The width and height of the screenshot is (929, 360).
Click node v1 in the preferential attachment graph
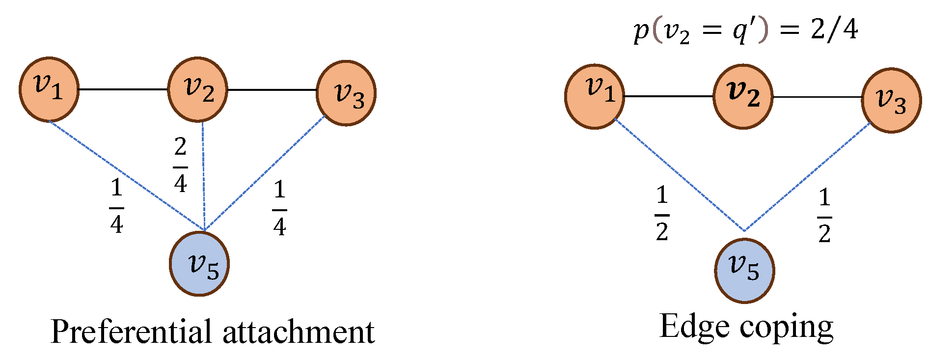(49, 89)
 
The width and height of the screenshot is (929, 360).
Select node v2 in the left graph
(198, 89)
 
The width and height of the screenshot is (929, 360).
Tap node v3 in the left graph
(346, 93)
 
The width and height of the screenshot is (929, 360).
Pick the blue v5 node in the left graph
(199, 264)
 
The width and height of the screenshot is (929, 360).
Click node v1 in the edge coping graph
(595, 96)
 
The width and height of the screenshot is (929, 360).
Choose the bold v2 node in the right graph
(743, 96)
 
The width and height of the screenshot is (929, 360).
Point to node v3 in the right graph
(891, 100)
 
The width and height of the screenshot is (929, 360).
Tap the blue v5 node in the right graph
(744, 271)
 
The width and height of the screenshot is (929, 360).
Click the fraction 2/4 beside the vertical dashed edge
(180, 165)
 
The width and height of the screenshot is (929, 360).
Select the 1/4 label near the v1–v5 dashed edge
(116, 206)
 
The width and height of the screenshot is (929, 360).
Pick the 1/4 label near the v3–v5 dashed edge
(279, 208)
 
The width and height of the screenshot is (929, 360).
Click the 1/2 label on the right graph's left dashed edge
(662, 214)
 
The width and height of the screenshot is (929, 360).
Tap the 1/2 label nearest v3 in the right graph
(824, 216)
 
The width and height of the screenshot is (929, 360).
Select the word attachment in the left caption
(299, 332)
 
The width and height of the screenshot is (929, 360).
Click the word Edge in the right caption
(693, 327)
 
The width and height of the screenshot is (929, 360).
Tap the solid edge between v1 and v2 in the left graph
(123, 89)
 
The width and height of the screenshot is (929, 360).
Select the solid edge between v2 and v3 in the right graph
(817, 97)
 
